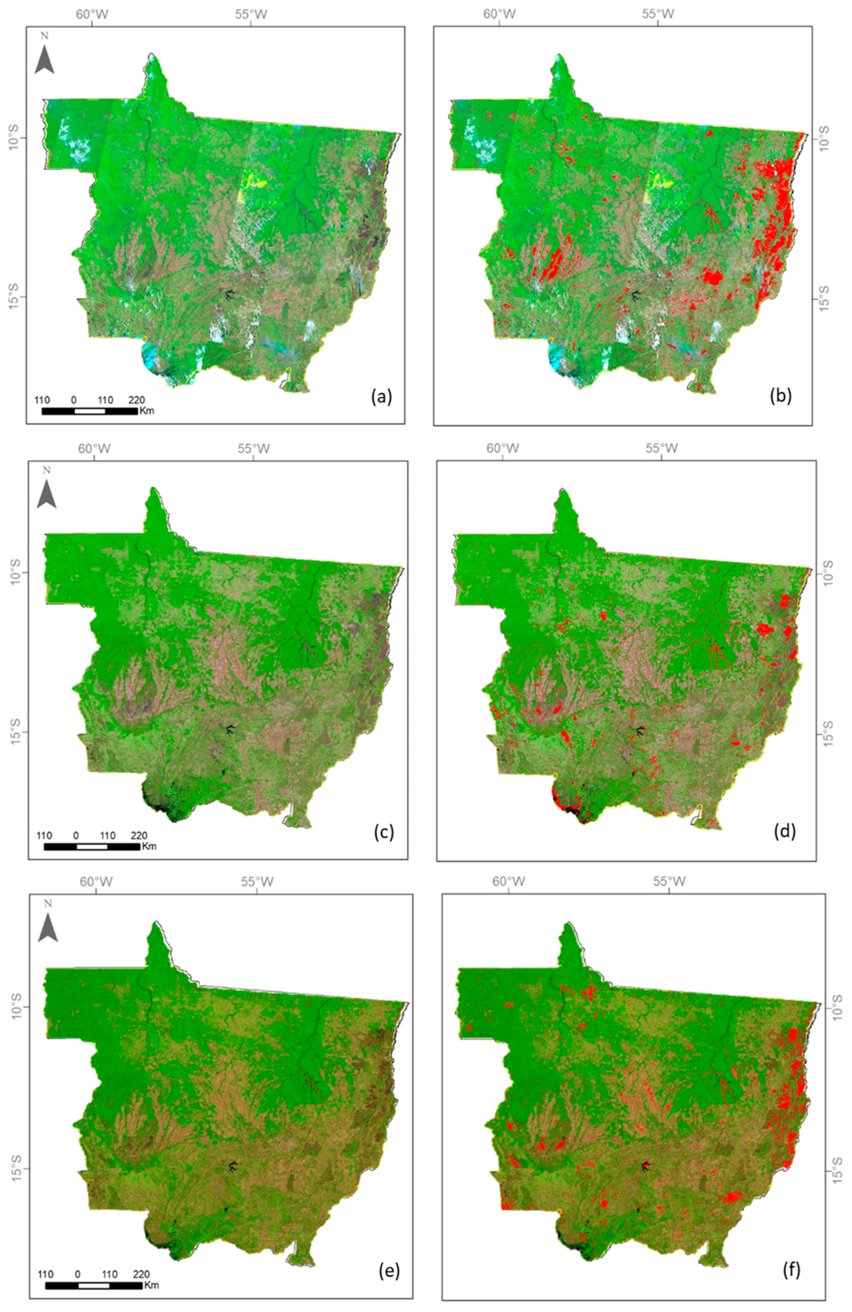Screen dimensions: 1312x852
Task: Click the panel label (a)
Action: [381, 396]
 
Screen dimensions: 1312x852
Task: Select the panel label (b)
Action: [780, 397]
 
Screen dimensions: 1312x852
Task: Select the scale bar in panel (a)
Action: [89, 411]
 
